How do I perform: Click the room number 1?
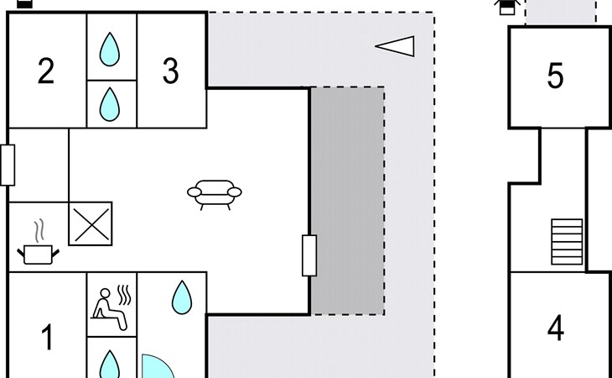click(47, 339)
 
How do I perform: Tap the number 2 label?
click(46, 71)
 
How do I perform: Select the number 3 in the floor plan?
click(170, 71)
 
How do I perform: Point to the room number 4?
click(555, 328)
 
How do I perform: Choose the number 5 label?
click(555, 76)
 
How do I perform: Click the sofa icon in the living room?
click(215, 195)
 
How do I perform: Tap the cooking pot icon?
click(38, 252)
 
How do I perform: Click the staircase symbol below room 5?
click(566, 241)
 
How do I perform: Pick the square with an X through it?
click(91, 224)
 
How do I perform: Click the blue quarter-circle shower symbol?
click(156, 367)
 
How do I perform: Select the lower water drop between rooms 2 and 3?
click(109, 104)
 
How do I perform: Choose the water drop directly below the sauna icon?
click(110, 365)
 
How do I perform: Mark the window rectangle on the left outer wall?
click(8, 165)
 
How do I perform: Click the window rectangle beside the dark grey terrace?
click(309, 255)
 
